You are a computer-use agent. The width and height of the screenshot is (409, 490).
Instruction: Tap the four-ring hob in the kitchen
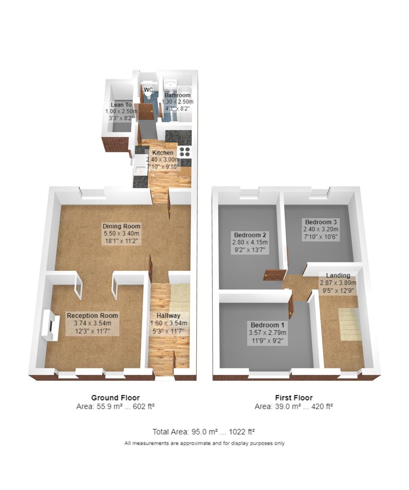[185, 152]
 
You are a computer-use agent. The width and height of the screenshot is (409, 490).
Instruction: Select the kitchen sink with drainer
[140, 170]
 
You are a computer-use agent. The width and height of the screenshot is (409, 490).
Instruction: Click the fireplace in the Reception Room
[50, 325]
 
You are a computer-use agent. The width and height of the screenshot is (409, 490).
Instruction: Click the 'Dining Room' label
[121, 226]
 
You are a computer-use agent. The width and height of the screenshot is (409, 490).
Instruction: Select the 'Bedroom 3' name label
[321, 222]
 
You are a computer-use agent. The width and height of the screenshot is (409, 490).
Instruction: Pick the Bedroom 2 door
[274, 275]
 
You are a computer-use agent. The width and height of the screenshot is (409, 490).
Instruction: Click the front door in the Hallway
[174, 361]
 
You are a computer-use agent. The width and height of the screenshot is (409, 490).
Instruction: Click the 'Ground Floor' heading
[115, 398]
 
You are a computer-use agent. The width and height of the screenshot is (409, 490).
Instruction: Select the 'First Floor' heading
[294, 398]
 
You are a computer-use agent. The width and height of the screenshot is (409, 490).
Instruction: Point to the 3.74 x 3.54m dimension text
[92, 323]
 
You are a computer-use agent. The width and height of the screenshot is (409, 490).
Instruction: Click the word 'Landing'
[338, 275]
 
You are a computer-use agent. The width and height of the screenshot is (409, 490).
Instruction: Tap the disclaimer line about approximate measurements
[204, 443]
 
